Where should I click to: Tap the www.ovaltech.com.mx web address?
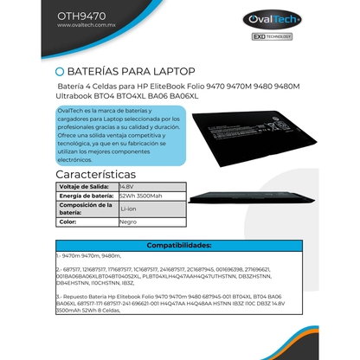pos(87,25)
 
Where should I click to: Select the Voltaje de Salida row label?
pos(84,186)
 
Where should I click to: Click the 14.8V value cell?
pos(126,186)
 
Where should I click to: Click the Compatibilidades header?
pos(179,245)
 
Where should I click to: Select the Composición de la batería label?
pos(84,209)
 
